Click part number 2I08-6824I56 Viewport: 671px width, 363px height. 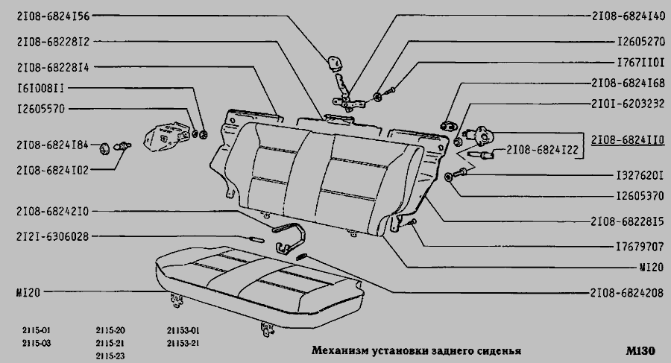pos(53,16)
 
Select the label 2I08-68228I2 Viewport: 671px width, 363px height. pos(53,42)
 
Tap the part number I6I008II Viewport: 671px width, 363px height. pos(41,88)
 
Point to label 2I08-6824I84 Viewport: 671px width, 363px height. pos(53,145)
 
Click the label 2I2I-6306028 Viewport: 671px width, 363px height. pos(53,236)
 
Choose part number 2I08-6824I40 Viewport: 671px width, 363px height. pos(629,16)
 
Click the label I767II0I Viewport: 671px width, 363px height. pos(640,63)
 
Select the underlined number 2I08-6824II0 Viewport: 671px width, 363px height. pos(629,140)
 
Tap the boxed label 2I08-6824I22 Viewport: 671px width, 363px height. pos(542,150)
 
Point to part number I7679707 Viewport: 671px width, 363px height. pos(640,247)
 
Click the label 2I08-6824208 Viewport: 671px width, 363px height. pos(627,293)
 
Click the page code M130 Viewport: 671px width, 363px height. pos(640,351)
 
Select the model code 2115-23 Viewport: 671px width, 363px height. pos(110,356)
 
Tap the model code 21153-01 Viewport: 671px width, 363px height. pos(183,331)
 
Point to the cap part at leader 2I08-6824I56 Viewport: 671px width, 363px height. pos(335,63)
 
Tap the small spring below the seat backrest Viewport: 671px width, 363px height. pos(302,257)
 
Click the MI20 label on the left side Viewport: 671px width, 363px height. pos(28,293)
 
